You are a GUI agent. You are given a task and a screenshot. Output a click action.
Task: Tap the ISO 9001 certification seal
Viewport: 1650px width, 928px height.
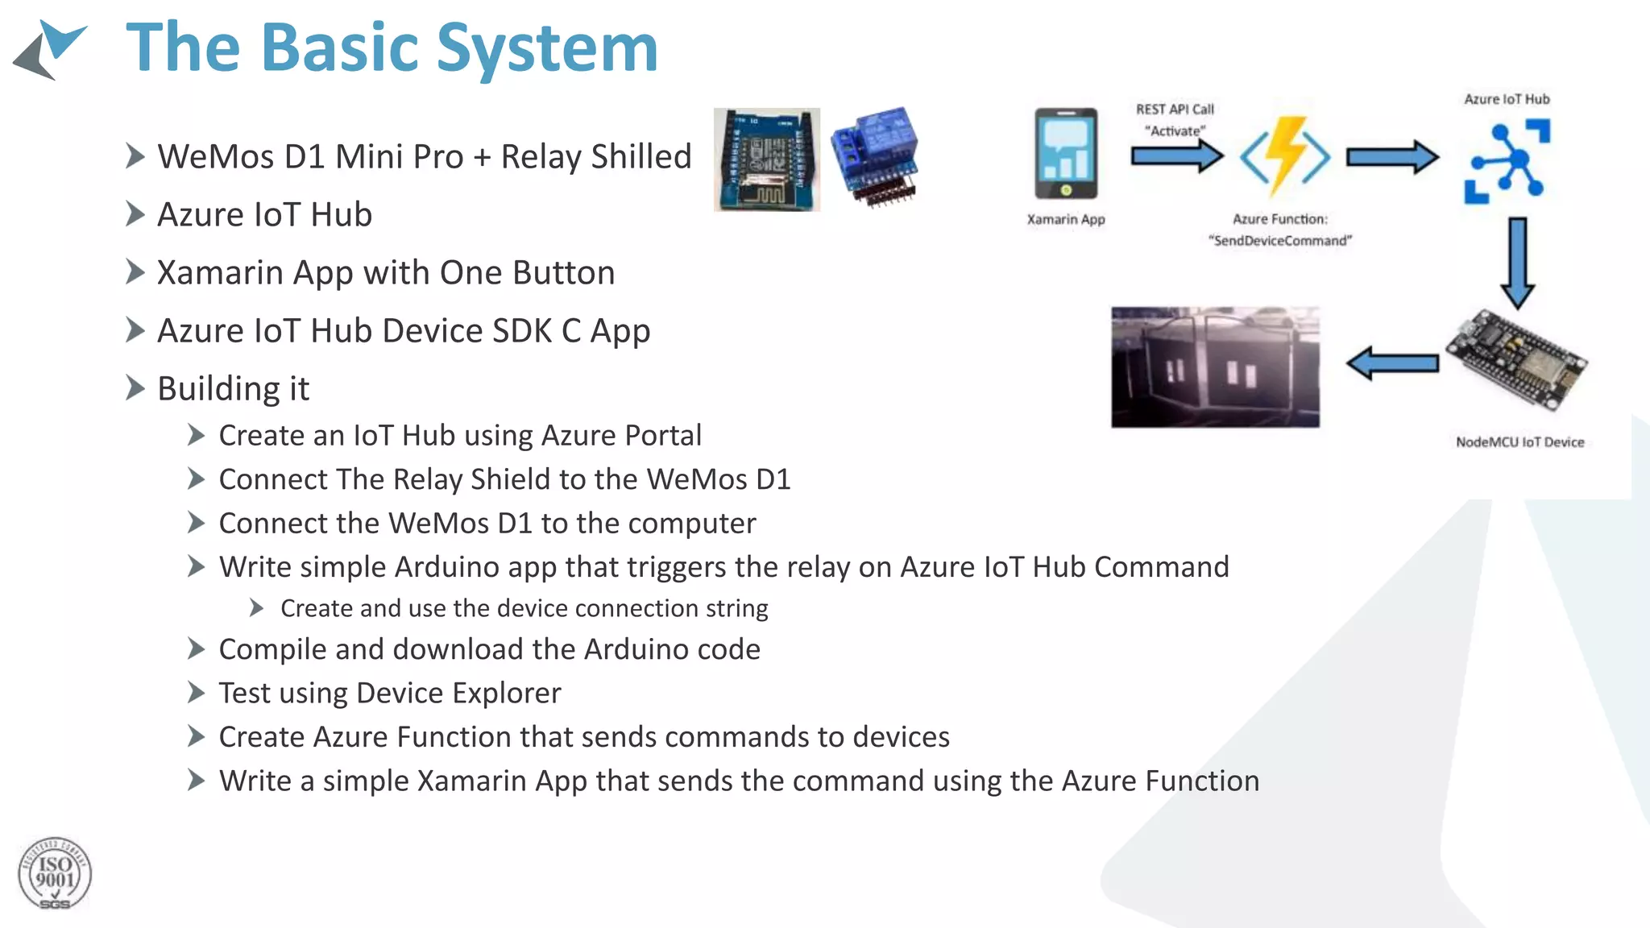tap(54, 874)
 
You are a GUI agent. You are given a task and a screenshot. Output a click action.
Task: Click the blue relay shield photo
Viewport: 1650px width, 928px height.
tap(875, 157)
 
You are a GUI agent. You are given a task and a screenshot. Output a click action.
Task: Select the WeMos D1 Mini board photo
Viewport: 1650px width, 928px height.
tap(766, 159)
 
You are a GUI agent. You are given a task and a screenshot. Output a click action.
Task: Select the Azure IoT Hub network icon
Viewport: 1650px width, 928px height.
tap(1507, 161)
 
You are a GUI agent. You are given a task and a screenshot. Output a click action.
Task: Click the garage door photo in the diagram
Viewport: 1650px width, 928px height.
tap(1215, 367)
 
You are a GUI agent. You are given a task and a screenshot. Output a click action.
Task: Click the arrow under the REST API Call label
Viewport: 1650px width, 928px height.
tap(1176, 155)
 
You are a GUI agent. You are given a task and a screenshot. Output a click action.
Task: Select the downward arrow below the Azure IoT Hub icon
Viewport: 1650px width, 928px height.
tap(1517, 263)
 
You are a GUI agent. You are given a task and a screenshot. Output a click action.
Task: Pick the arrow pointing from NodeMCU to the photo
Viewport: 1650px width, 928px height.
tap(1392, 363)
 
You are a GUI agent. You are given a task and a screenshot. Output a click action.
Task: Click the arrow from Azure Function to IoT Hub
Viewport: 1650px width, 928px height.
tap(1391, 156)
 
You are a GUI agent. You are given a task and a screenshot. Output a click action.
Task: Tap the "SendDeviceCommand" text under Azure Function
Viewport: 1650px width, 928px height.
tap(1279, 241)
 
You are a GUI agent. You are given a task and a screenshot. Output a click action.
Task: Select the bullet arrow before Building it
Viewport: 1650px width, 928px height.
tap(135, 388)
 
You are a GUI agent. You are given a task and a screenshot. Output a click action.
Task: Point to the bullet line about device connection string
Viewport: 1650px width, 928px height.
tap(524, 608)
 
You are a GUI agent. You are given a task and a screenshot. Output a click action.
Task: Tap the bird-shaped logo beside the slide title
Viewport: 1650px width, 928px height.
tap(50, 50)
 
